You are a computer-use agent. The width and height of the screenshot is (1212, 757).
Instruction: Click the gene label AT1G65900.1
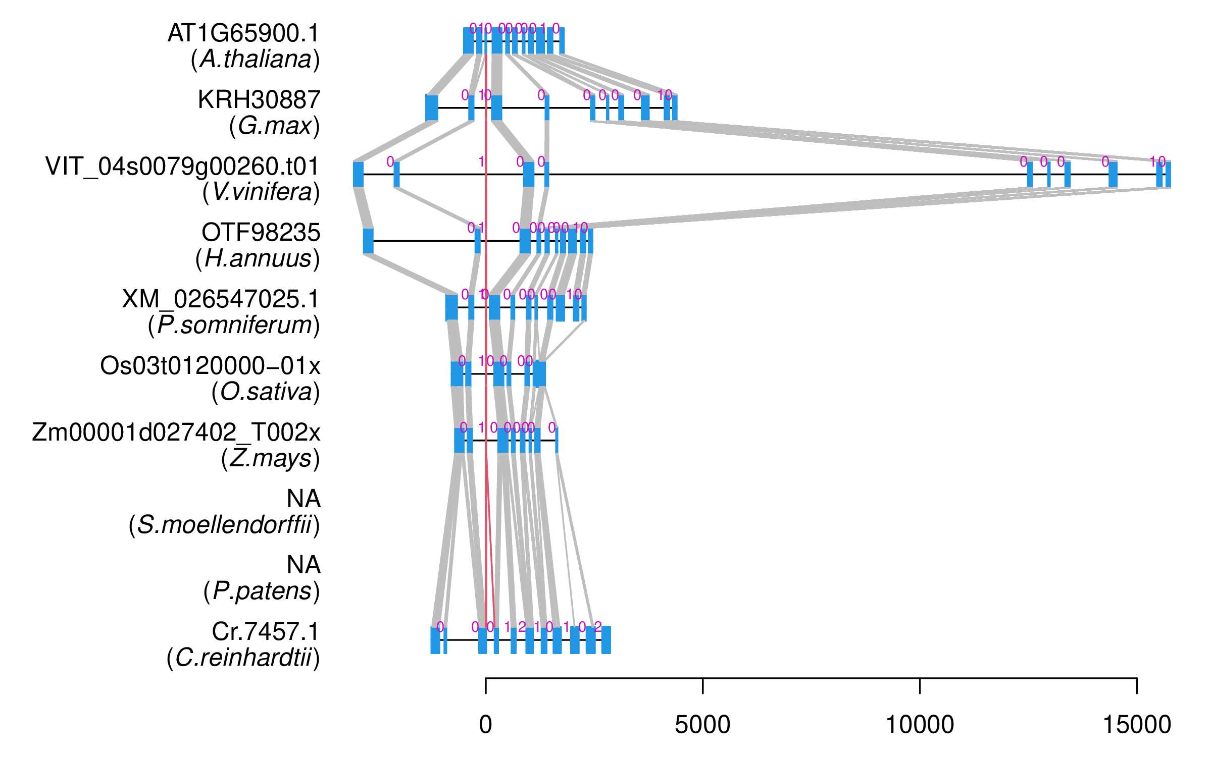(x=243, y=33)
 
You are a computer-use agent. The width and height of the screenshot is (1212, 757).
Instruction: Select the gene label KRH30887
(x=259, y=100)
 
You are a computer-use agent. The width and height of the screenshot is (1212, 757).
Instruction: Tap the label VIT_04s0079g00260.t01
(x=182, y=166)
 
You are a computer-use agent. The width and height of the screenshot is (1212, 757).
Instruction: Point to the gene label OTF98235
(x=261, y=233)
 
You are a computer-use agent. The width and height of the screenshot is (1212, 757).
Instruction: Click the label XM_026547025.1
(x=221, y=299)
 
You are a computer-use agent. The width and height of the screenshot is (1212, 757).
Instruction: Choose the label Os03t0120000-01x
(x=210, y=365)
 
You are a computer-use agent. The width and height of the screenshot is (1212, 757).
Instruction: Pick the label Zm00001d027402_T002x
(x=176, y=432)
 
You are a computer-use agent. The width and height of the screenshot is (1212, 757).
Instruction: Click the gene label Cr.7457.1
(x=266, y=631)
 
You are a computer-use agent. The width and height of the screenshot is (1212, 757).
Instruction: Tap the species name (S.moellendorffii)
(x=224, y=525)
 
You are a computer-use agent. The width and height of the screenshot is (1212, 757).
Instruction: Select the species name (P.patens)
(x=262, y=591)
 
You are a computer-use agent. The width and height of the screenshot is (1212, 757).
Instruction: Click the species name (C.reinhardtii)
(x=243, y=658)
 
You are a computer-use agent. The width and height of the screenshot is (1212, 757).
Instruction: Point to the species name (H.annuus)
(x=258, y=259)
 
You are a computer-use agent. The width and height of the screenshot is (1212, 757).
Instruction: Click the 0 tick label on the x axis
(x=485, y=725)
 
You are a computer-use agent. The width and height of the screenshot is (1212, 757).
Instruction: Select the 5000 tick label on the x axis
(x=702, y=725)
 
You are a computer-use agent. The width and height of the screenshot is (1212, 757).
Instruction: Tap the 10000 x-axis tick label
(x=920, y=725)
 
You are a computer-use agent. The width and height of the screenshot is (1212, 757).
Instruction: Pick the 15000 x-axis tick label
(x=1137, y=725)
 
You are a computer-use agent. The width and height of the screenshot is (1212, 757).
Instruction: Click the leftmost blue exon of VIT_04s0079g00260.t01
(x=358, y=174)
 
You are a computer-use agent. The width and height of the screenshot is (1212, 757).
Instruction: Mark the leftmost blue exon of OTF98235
(x=368, y=241)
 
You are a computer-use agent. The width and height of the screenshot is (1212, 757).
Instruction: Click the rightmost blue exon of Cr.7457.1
(x=606, y=640)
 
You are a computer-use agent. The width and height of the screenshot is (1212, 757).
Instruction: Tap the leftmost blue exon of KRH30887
(x=431, y=107)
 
